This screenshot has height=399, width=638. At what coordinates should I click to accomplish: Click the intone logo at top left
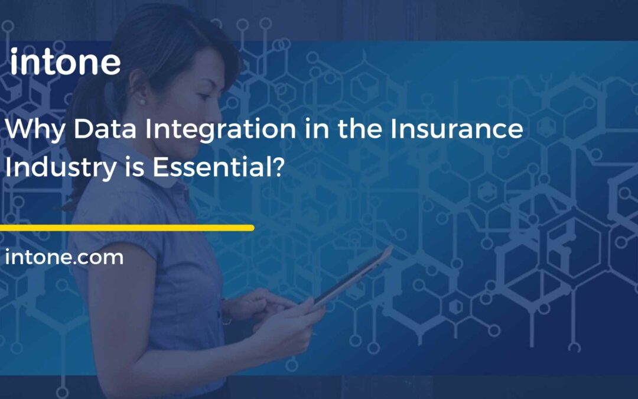[65, 63]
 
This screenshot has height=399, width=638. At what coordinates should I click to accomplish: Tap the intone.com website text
[64, 258]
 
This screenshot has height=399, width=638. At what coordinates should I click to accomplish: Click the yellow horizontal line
[126, 228]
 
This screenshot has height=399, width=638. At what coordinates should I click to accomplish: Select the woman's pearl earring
[142, 101]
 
